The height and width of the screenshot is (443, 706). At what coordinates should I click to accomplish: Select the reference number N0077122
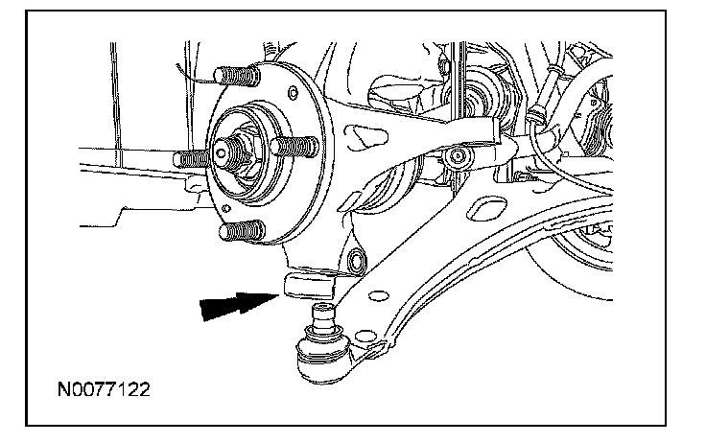(x=103, y=391)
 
